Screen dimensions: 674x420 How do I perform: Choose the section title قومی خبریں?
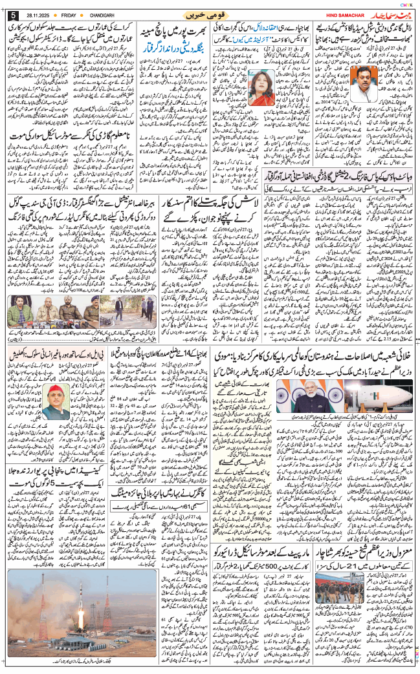tap(208, 14)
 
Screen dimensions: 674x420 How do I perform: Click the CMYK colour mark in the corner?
tap(406, 5)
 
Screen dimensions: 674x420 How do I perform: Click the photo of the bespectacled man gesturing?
tap(373, 74)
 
